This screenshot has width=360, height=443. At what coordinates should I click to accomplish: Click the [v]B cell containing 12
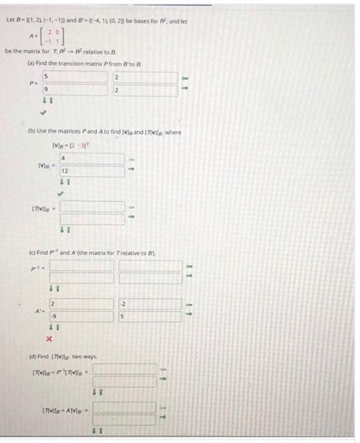pyautogui.click(x=92, y=171)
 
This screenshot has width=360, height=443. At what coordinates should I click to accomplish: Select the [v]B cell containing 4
pyautogui.click(x=92, y=158)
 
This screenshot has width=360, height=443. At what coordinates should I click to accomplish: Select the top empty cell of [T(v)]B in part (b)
pyautogui.click(x=92, y=206)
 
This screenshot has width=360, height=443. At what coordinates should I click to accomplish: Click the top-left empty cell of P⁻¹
pyautogui.click(x=82, y=265)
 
